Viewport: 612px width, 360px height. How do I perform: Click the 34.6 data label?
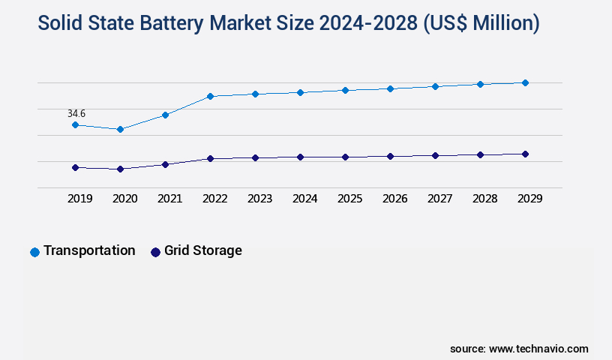click(x=76, y=113)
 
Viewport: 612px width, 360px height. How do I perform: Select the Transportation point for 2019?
click(x=75, y=124)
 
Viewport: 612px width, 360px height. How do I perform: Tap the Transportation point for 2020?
click(x=120, y=129)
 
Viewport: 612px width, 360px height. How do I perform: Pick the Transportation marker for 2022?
click(x=210, y=96)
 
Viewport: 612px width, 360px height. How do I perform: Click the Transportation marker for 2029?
click(x=525, y=82)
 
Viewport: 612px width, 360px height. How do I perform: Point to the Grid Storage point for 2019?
click(x=75, y=167)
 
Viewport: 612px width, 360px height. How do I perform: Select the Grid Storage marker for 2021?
click(x=165, y=164)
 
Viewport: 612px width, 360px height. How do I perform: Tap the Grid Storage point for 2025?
click(x=345, y=157)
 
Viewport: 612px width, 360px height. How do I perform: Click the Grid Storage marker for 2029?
click(x=525, y=154)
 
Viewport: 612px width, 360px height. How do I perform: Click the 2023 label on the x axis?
click(x=260, y=199)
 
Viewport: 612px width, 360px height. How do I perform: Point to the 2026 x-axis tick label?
click(x=395, y=199)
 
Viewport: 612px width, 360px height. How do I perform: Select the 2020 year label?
click(x=125, y=199)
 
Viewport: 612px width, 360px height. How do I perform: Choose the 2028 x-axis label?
click(x=485, y=199)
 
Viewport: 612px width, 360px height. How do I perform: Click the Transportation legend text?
click(x=89, y=250)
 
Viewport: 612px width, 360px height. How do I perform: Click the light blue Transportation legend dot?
click(x=34, y=252)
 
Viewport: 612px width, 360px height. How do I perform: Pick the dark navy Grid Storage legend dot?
click(x=155, y=252)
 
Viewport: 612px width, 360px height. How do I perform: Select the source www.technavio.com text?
click(x=519, y=349)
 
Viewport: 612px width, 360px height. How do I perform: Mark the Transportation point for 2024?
click(x=300, y=92)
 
